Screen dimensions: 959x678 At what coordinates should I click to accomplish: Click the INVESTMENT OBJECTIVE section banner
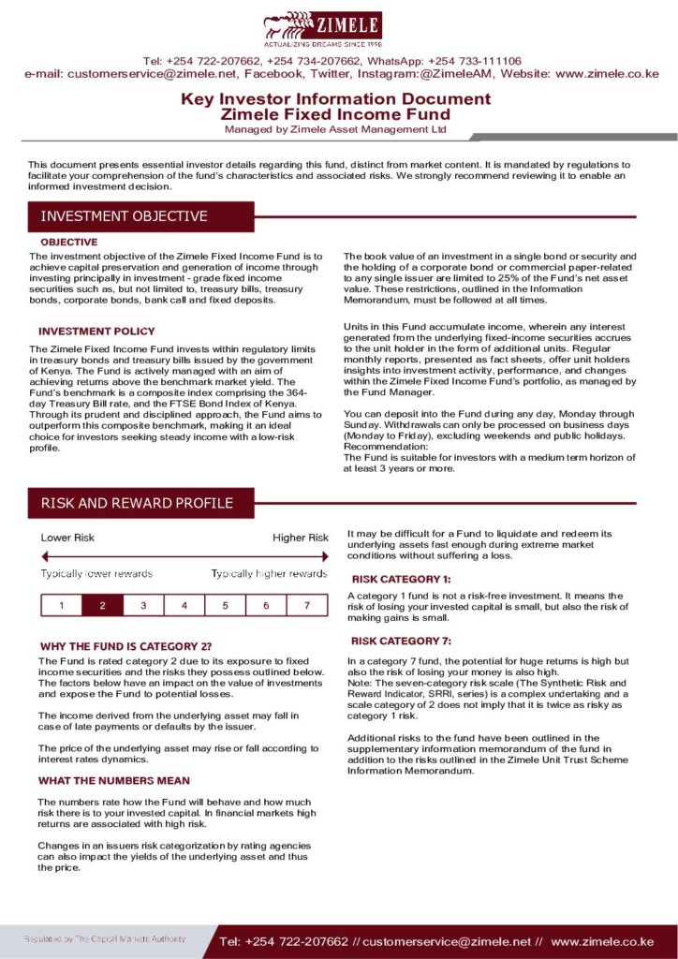coord(125,216)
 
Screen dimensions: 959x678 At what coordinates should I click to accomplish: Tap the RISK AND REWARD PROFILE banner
coord(138,503)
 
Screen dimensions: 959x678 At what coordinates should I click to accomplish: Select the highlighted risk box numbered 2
coord(102,605)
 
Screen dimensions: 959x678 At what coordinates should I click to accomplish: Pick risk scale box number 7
coord(307,605)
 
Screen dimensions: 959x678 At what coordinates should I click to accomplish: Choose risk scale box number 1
coord(62,605)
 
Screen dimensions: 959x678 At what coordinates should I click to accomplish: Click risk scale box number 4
coord(184,605)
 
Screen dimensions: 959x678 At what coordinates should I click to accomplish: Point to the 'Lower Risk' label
coord(67,538)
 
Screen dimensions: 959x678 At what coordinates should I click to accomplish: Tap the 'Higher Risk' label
coord(301,538)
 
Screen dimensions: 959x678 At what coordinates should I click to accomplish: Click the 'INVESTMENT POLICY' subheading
coord(96,332)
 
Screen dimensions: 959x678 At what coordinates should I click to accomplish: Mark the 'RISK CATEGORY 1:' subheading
coord(401,579)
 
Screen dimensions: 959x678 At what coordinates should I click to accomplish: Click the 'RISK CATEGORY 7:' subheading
coord(401,641)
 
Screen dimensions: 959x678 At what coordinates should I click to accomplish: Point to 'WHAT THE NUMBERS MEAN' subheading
coord(114,780)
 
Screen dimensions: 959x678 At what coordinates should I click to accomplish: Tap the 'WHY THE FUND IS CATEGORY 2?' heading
coord(126,646)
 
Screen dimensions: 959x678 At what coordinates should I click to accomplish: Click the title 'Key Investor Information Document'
coord(335,98)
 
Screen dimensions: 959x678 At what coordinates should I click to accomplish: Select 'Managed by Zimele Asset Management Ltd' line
coord(335,129)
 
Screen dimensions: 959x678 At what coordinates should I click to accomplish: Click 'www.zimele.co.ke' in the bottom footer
coord(601,941)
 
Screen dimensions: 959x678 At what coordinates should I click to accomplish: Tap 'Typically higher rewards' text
coord(269,573)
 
